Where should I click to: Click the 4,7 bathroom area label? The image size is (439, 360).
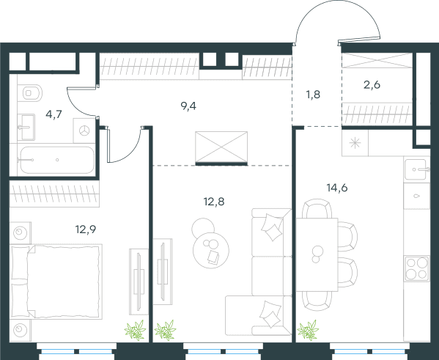click(54, 114)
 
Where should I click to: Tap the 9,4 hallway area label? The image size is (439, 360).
click(188, 106)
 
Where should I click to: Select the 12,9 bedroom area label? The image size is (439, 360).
click(86, 229)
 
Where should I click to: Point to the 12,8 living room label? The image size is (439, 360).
click(214, 202)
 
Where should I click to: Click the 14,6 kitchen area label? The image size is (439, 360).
click(337, 188)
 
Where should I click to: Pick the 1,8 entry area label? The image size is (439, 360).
click(313, 95)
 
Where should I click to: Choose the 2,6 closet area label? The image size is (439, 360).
click(372, 84)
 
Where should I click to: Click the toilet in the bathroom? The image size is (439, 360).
click(30, 93)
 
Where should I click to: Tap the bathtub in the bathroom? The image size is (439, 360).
click(57, 160)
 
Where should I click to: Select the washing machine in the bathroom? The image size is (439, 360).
click(84, 131)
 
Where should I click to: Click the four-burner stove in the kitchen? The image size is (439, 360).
click(417, 268)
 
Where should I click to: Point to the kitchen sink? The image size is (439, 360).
click(417, 169)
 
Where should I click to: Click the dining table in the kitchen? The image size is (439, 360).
click(317, 254)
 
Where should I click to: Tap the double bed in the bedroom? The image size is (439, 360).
click(56, 282)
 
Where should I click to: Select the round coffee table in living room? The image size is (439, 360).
click(211, 250)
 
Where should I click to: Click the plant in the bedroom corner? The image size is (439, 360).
click(136, 331)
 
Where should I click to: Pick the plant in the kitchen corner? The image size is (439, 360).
click(309, 331)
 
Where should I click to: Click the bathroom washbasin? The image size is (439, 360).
click(26, 127)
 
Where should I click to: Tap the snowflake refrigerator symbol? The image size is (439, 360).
click(355, 143)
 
